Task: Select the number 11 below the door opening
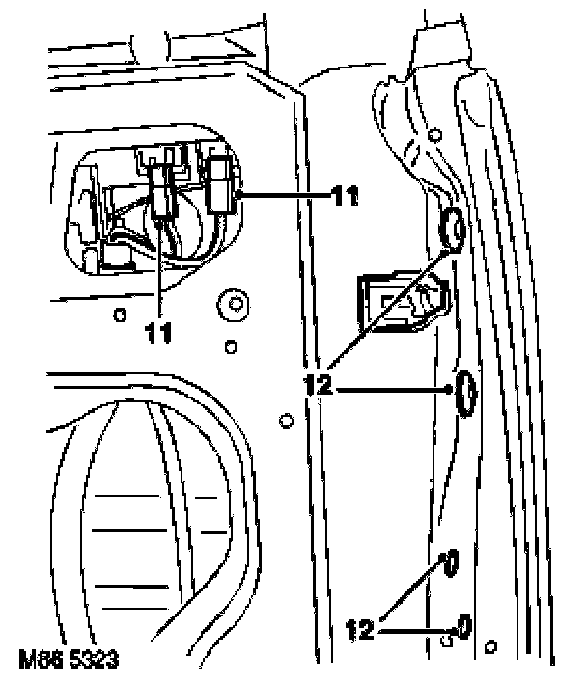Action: tap(159, 334)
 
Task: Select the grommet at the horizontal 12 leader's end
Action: tap(464, 394)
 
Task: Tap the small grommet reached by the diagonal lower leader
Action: tap(450, 563)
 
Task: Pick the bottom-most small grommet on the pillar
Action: tap(464, 626)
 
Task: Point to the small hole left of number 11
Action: tap(119, 314)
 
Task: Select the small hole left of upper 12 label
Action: tap(285, 421)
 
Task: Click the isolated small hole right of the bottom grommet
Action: tap(492, 644)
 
